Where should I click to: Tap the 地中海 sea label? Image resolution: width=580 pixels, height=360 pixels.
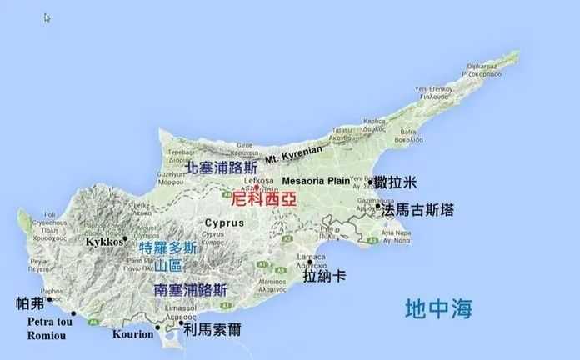[438, 310]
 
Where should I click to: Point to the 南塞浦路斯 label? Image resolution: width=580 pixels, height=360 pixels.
[191, 291]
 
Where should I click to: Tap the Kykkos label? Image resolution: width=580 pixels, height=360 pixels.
[104, 241]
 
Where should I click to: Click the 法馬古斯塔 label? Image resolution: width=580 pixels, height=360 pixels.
[418, 210]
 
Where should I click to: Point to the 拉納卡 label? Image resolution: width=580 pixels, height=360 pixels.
[325, 276]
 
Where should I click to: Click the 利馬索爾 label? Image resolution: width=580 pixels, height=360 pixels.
[212, 329]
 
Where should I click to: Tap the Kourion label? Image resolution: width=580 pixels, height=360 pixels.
[133, 335]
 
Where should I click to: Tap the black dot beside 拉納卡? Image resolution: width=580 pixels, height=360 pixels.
[310, 262]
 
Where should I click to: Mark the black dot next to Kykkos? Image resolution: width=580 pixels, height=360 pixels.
[124, 239]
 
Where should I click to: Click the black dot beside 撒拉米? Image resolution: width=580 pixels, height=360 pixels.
[371, 182]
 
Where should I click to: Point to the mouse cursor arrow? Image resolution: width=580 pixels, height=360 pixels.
[47, 17]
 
